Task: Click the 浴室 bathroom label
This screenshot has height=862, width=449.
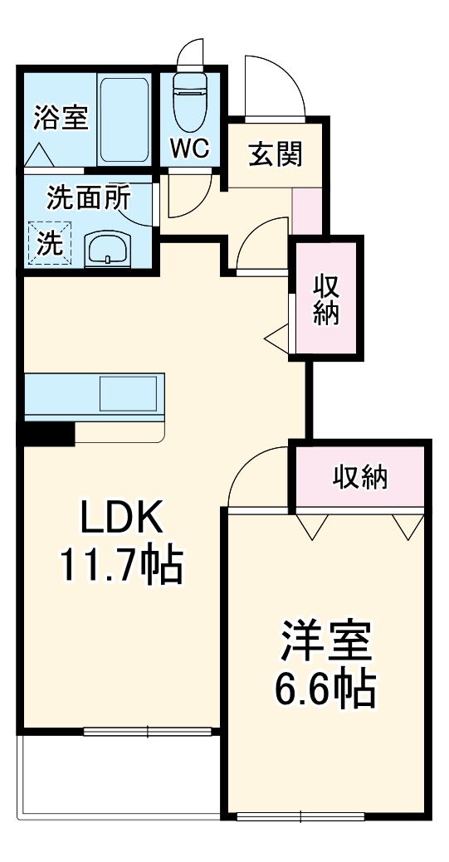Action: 60,119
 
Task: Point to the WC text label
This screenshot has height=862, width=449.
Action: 191,149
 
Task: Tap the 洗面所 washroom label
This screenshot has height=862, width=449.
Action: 88,198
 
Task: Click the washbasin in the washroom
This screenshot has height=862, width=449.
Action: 108,246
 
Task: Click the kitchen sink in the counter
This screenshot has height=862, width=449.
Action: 129,393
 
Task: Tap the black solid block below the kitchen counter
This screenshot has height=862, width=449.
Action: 49,432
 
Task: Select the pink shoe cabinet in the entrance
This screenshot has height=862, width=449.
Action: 305,212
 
